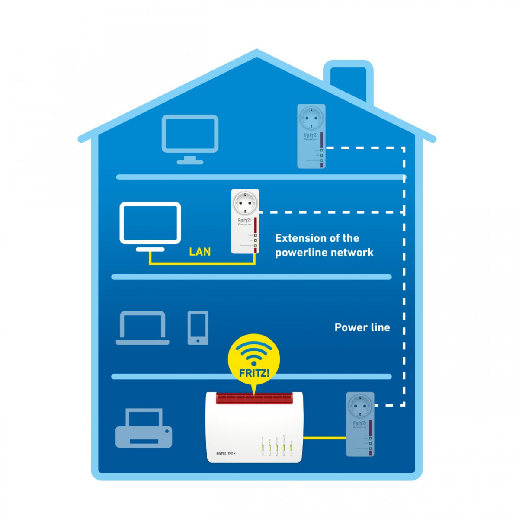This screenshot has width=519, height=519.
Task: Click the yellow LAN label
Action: tap(200, 251)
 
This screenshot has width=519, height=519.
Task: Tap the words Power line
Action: tap(362, 327)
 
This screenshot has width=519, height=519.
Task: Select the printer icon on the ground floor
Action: tap(144, 429)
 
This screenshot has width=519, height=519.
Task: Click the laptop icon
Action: tap(142, 328)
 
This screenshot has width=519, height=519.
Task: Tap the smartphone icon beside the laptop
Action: tap(198, 328)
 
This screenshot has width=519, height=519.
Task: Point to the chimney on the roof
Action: tap(348, 80)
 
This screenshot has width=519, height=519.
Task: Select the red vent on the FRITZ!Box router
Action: tap(254, 398)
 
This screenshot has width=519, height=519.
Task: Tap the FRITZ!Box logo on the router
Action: tap(226, 453)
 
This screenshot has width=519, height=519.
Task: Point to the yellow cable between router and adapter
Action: tap(324, 438)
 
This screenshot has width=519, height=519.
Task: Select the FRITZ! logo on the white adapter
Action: tap(244, 221)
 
